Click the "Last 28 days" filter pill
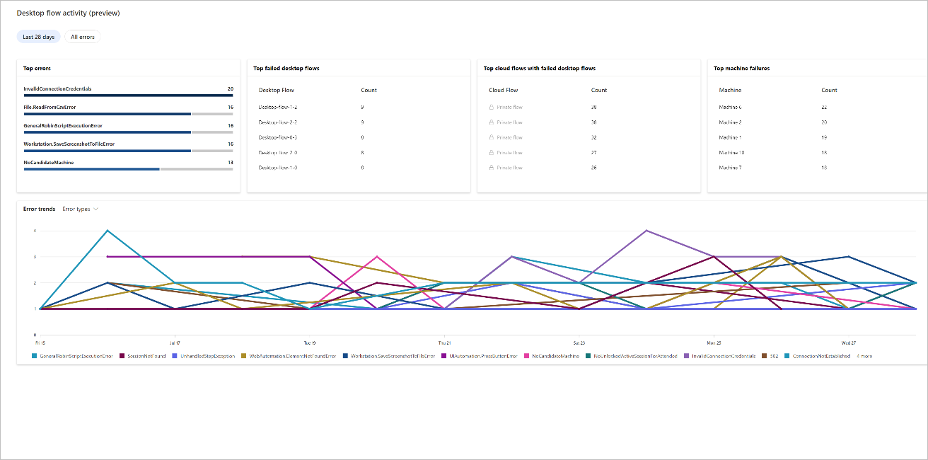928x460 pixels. point(38,37)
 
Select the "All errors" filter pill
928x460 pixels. point(82,37)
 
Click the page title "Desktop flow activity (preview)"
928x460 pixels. point(68,13)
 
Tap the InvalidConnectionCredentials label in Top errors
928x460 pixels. point(57,89)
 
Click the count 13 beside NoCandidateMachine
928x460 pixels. point(230,163)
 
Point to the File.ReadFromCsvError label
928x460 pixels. point(50,108)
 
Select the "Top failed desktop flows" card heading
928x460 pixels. point(286,69)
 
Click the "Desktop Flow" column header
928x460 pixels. point(277,91)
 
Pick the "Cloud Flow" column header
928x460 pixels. point(504,91)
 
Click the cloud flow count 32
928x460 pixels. point(594,137)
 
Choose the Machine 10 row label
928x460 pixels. point(731,153)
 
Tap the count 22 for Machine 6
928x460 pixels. point(825,107)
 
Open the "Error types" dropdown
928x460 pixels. point(80,209)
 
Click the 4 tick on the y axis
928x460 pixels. point(34,231)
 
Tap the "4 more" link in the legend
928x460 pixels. point(864,356)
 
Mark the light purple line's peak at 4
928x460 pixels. point(646,231)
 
